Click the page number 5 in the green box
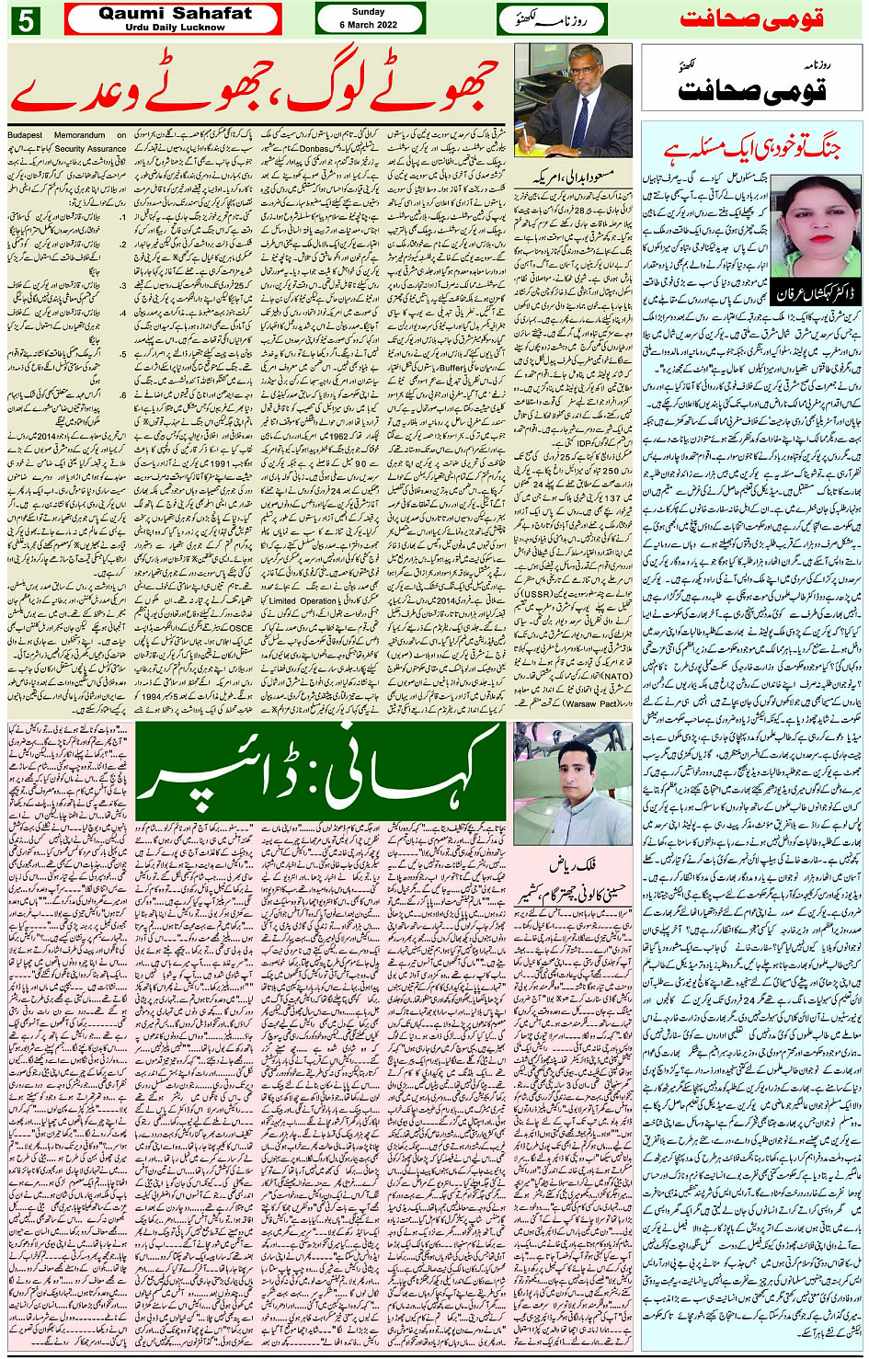(x=25, y=19)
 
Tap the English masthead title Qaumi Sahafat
(x=175, y=13)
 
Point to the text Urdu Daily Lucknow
(x=175, y=28)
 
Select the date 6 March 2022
(x=369, y=25)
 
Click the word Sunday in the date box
(x=369, y=12)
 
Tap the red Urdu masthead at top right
(x=751, y=19)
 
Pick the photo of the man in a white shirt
(x=573, y=782)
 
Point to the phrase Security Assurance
(x=91, y=148)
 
